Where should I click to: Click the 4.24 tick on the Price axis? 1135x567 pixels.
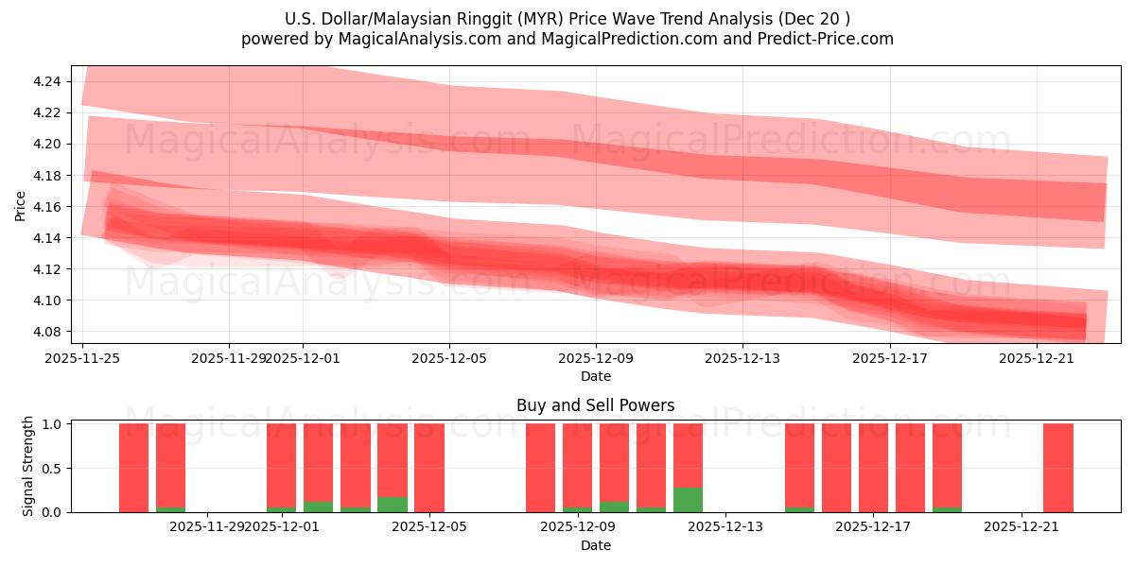(x=47, y=81)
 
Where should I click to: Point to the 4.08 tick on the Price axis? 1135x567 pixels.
(x=47, y=332)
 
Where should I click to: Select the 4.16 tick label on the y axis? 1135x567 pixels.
(x=47, y=207)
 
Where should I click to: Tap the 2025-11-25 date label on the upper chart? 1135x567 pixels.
(x=83, y=358)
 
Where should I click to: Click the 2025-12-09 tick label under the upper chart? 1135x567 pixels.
(x=596, y=358)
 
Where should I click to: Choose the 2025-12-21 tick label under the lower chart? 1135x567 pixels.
(x=1021, y=526)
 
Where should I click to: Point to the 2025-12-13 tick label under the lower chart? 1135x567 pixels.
(x=725, y=526)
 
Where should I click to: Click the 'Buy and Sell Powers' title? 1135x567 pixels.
(x=595, y=405)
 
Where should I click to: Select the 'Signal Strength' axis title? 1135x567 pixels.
(x=28, y=466)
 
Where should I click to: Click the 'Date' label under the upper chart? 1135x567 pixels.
(x=595, y=376)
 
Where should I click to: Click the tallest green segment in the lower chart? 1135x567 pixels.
(x=688, y=500)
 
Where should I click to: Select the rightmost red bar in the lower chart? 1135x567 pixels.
(x=1057, y=468)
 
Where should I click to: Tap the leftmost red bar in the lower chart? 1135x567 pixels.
(x=133, y=468)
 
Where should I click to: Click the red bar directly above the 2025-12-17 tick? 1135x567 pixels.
(x=873, y=468)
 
